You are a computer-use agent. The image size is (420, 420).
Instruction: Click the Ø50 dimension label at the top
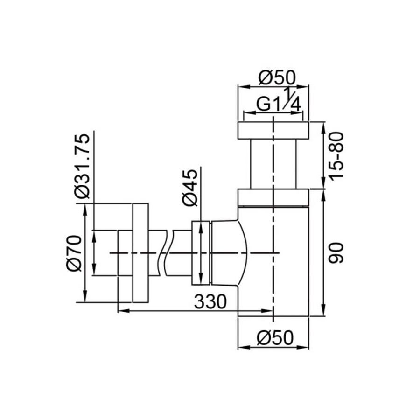(x=277, y=77)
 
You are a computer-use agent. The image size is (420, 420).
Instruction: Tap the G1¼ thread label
(x=279, y=101)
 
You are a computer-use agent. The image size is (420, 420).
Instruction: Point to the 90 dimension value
(x=336, y=253)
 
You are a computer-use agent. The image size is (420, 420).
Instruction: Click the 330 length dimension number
(x=210, y=301)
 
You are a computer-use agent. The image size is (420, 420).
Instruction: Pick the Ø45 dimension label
(x=190, y=188)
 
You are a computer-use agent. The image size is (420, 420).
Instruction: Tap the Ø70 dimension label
(x=74, y=253)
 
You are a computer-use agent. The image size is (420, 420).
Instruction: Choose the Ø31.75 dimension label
(x=82, y=166)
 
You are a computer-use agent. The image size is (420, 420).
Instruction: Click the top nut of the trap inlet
(x=273, y=131)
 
